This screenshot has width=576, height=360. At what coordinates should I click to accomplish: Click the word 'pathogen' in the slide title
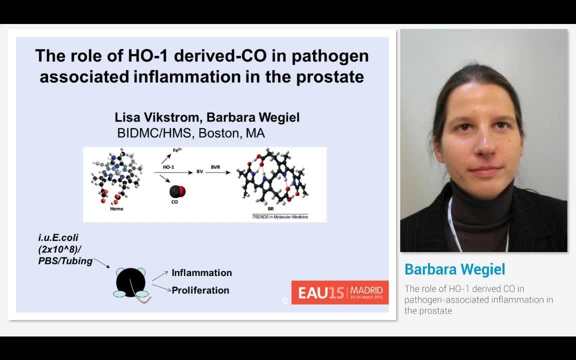[x=330, y=55]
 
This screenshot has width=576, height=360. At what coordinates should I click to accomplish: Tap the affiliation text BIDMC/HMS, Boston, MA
[x=190, y=133]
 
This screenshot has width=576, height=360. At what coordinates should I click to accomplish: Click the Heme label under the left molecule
[x=116, y=209]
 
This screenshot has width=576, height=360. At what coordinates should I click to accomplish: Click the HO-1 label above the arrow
[x=168, y=167]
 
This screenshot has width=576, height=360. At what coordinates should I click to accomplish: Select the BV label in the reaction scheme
[x=199, y=172]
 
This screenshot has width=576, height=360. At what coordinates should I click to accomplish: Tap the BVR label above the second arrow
[x=215, y=167]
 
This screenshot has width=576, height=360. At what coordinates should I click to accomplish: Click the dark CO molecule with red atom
[x=177, y=191]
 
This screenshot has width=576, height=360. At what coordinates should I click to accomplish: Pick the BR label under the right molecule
[x=270, y=208]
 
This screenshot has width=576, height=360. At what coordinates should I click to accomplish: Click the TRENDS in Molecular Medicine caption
[x=280, y=216]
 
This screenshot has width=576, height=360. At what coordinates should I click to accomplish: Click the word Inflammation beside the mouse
[x=201, y=273]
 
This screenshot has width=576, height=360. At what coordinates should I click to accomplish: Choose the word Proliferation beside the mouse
[x=200, y=290]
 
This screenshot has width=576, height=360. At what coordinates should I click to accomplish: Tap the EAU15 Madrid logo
[x=340, y=292]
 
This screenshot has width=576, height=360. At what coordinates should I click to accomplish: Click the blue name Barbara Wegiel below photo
[x=454, y=269]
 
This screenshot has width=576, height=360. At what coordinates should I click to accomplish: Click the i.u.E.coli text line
[x=58, y=237]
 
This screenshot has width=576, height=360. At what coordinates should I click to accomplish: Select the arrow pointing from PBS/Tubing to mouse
[x=101, y=262]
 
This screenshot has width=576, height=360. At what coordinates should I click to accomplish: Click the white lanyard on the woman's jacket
[x=453, y=220]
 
